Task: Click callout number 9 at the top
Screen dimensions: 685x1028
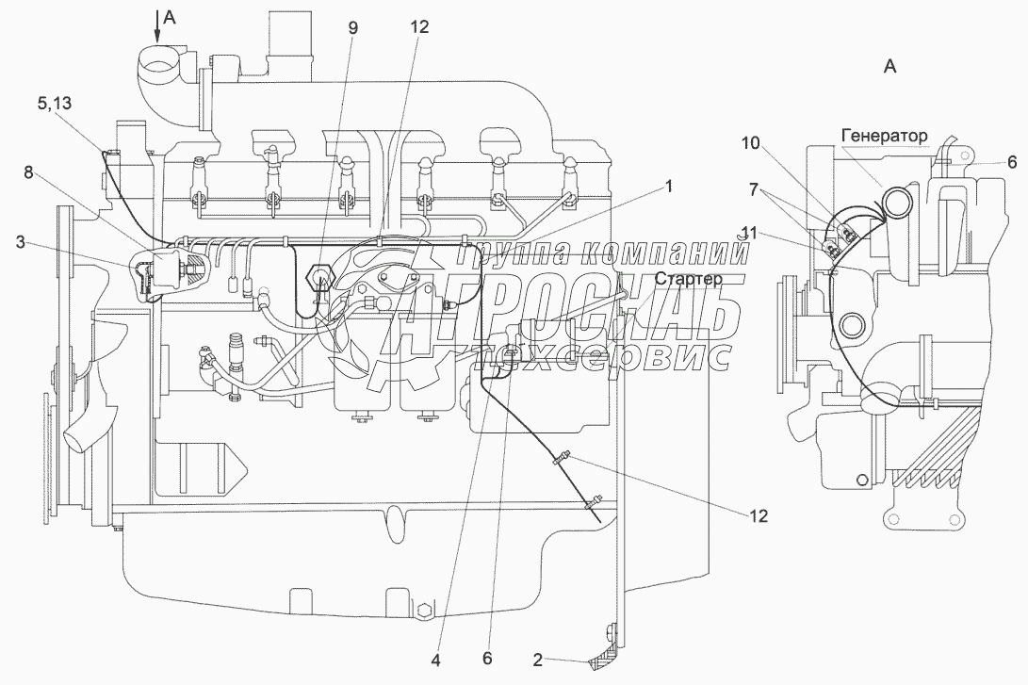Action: (353, 27)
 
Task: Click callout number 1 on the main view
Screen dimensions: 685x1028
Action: (668, 186)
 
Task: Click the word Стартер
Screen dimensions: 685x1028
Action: (689, 280)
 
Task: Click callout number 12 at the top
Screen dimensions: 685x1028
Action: (419, 27)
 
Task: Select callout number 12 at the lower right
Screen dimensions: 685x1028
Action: (758, 515)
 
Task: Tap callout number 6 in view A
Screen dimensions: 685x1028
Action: (986, 162)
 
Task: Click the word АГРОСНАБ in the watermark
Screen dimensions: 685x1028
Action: (565, 320)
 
